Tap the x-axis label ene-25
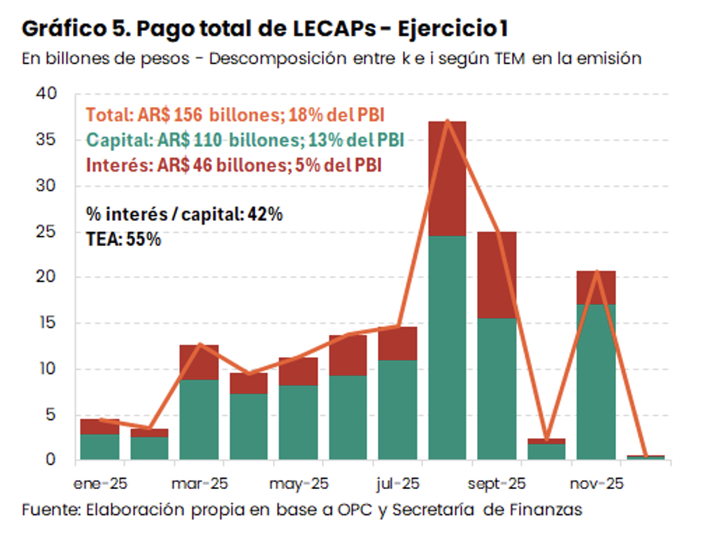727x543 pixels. click(x=99, y=483)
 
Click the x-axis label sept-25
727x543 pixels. click(x=497, y=483)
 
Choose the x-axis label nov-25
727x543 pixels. click(x=597, y=483)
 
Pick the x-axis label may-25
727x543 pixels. click(x=298, y=483)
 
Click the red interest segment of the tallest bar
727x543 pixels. click(x=447, y=178)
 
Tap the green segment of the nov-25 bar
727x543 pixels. click(x=596, y=381)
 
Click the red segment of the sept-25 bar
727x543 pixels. click(x=497, y=275)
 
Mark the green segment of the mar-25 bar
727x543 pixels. click(x=199, y=419)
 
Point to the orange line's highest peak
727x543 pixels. click(x=448, y=121)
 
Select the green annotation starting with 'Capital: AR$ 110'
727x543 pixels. click(x=244, y=141)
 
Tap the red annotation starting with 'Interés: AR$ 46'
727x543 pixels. click(x=233, y=166)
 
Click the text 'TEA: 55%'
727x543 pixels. click(x=123, y=238)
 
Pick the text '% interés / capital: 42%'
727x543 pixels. click(x=184, y=214)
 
